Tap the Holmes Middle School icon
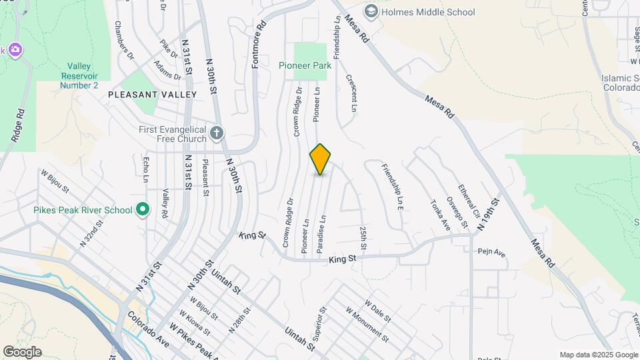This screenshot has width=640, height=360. click(371, 11)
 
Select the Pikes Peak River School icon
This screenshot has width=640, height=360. click(142, 211)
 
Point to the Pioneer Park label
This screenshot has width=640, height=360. click(310, 65)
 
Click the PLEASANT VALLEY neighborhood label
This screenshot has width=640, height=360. click(153, 95)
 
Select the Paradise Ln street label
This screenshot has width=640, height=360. click(321, 233)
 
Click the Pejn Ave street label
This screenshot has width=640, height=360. click(491, 252)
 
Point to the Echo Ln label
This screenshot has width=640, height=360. click(146, 169)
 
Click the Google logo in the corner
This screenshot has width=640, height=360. click(21, 352)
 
